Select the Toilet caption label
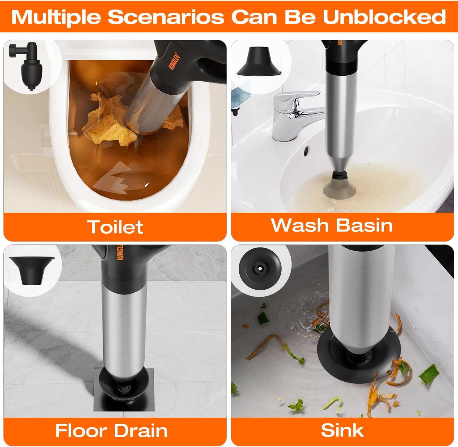[115, 227]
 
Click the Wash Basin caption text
[332, 225]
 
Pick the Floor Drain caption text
[111, 431]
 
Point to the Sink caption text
[342, 431]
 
